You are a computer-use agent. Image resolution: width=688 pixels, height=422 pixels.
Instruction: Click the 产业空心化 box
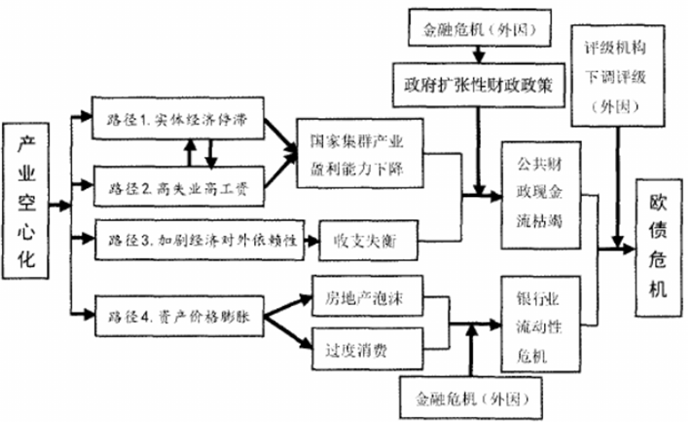[30, 206]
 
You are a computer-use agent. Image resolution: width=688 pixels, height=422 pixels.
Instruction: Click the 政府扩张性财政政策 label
[478, 84]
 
